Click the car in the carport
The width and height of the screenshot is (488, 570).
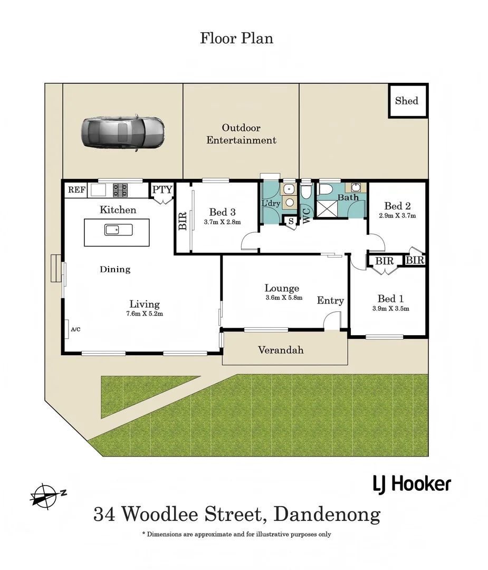[x=123, y=132]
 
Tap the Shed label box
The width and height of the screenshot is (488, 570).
[x=407, y=100]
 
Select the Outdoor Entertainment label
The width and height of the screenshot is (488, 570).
[x=241, y=134]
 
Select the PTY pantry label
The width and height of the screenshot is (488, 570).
[x=162, y=189]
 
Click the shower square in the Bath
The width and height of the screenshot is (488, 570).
[x=328, y=210]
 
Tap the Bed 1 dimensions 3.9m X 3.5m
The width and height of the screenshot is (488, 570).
[x=391, y=309]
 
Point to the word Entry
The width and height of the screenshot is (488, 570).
[x=330, y=300]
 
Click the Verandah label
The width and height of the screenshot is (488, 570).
[x=280, y=350]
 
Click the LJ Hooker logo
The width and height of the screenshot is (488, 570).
[x=412, y=483]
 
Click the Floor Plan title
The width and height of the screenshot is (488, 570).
[x=236, y=38]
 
